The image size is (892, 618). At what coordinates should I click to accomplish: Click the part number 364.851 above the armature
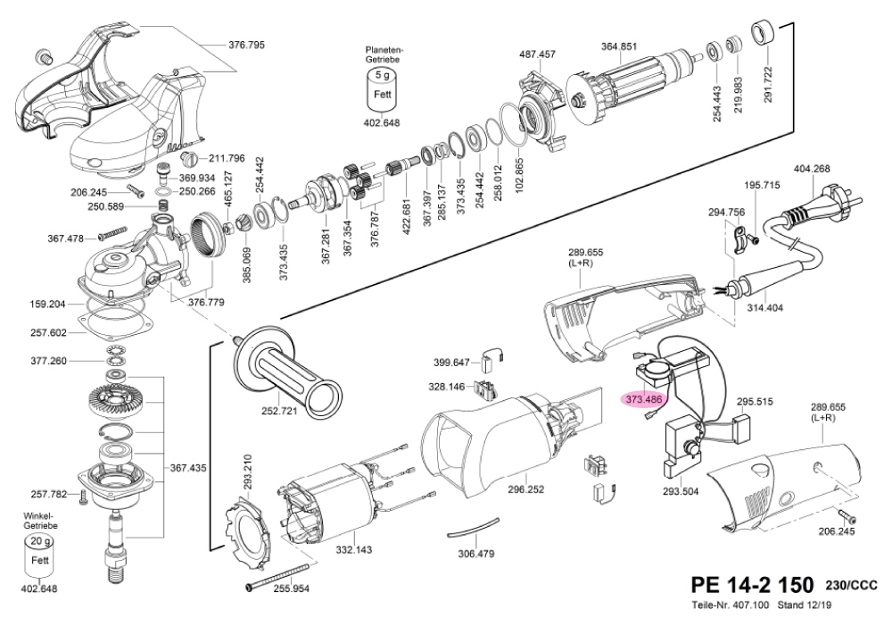pyautogui.click(x=619, y=47)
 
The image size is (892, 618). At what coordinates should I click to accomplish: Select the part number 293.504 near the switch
pyautogui.click(x=681, y=490)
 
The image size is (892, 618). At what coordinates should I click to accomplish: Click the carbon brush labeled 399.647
pyautogui.click(x=491, y=359)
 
